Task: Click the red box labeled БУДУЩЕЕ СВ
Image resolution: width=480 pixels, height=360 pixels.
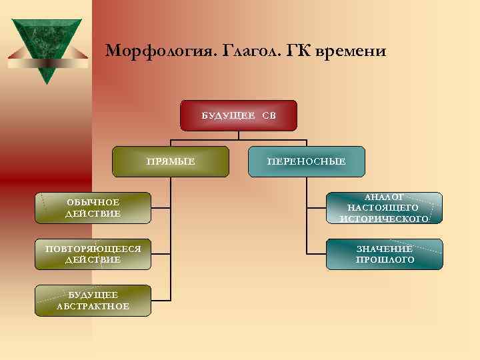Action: pos(239,115)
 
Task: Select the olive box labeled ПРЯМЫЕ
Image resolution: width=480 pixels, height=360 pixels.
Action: pos(171,161)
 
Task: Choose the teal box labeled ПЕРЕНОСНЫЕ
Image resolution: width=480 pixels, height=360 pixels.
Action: pos(307,161)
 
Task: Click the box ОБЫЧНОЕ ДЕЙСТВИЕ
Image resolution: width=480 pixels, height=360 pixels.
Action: pos(93,208)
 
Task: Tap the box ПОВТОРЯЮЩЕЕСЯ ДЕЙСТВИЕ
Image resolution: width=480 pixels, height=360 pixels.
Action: pos(93,254)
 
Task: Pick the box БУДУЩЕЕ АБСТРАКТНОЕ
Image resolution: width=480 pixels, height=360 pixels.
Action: pos(93,301)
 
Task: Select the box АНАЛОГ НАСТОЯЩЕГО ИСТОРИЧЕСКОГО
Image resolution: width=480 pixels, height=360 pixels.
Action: pos(384,208)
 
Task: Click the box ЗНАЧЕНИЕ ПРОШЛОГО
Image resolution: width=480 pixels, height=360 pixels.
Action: pos(384,254)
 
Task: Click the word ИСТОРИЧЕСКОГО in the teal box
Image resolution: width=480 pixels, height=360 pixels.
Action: pos(384,219)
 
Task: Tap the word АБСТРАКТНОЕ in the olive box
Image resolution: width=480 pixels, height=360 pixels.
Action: pos(93,306)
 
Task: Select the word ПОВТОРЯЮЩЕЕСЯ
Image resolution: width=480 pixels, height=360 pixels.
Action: pos(93,249)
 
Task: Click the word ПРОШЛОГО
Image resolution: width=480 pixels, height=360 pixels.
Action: pos(385,259)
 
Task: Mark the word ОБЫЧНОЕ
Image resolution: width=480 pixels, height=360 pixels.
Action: pos(93,202)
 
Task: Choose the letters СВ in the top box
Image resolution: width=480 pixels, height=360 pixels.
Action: pos(269,115)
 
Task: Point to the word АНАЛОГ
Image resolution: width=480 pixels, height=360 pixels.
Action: pos(384,197)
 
